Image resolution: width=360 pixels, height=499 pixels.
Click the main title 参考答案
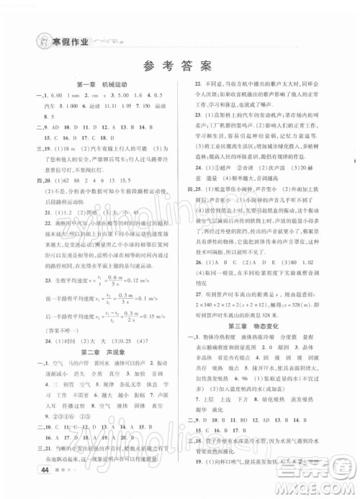tap(181, 66)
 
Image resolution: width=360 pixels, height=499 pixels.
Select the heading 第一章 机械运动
tap(102, 84)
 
